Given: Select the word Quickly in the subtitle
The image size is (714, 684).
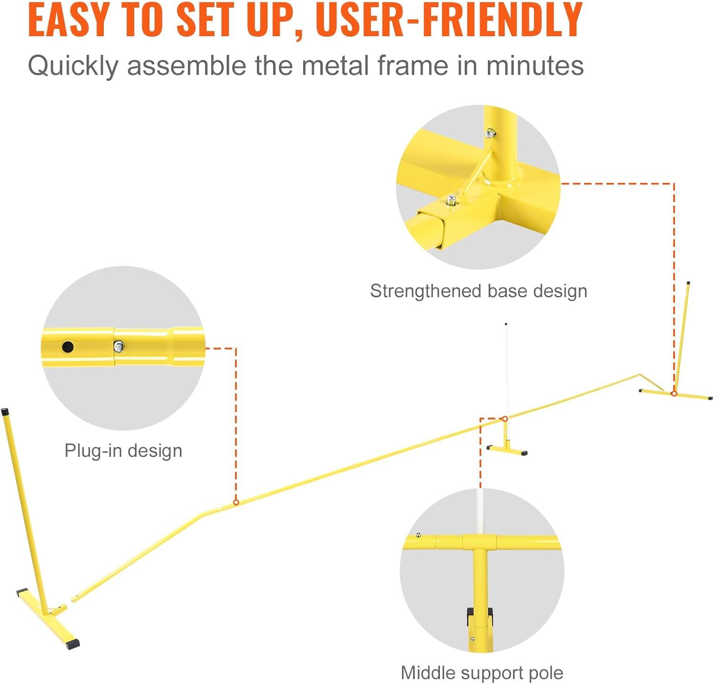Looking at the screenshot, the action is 73,66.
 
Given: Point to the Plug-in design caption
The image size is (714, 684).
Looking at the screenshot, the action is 123,451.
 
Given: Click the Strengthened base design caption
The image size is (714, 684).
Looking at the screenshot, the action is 478,291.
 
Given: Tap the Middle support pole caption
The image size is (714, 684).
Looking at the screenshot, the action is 482,673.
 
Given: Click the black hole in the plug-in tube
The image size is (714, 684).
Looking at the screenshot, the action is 68,347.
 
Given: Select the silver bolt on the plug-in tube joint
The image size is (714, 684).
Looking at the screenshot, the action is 119,346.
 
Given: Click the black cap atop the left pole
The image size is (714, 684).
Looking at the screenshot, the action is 5,411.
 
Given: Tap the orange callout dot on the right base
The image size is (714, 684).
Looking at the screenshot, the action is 674,393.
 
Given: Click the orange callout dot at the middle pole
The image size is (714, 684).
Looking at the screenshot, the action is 505,419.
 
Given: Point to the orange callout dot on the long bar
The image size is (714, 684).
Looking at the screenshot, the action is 236,502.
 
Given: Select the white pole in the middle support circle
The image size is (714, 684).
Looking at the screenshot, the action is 480,511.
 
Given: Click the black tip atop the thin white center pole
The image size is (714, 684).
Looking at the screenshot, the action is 506,324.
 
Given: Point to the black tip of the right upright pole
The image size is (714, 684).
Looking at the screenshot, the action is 688,283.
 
